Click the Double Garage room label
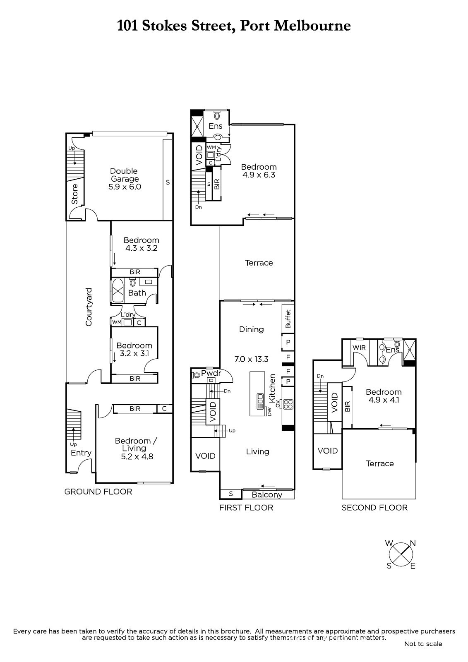point(125,175)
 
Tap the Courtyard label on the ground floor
point(89,307)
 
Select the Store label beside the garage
point(75,194)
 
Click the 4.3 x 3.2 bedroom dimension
point(142,248)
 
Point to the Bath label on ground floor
point(137,293)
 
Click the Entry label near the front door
point(81,453)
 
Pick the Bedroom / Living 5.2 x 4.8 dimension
point(137,457)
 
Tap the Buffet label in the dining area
point(288,319)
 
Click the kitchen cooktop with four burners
point(288,404)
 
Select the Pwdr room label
point(211,373)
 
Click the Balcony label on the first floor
point(267,495)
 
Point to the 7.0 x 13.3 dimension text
point(251,360)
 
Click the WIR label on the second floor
point(359,348)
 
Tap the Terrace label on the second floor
point(379,463)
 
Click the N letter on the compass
point(413,543)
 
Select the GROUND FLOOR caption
point(98,492)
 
